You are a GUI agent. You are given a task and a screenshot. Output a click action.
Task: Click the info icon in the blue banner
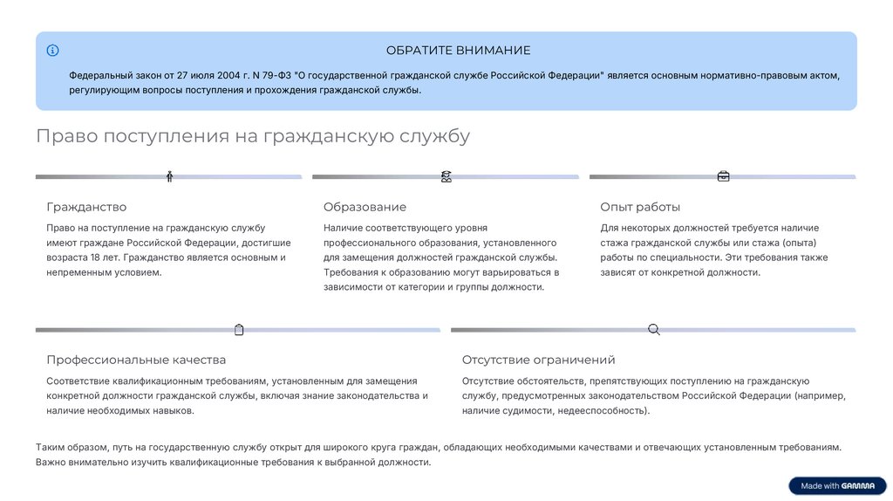(53, 51)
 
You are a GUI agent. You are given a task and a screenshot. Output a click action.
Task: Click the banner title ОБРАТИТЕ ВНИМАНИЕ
(458, 51)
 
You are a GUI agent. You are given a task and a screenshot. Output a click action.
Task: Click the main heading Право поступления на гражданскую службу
(253, 136)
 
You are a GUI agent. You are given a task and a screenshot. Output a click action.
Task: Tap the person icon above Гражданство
(169, 176)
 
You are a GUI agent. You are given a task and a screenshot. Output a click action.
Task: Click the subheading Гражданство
(86, 207)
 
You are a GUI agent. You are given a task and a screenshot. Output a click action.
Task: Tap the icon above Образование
(446, 176)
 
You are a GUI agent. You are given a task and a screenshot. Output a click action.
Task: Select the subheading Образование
(365, 207)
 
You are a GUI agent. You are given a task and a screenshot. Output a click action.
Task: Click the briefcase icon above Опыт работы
(723, 176)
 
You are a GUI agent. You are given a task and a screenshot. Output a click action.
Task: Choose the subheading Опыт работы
(640, 207)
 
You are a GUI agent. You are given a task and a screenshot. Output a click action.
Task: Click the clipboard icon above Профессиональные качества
(239, 329)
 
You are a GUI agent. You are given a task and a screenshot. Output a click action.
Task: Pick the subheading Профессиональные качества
(136, 360)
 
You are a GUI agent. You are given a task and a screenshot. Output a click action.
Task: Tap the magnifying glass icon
(653, 329)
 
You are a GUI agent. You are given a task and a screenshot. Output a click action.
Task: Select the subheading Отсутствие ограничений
(538, 360)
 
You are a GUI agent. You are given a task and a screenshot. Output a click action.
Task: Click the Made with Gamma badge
(836, 486)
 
